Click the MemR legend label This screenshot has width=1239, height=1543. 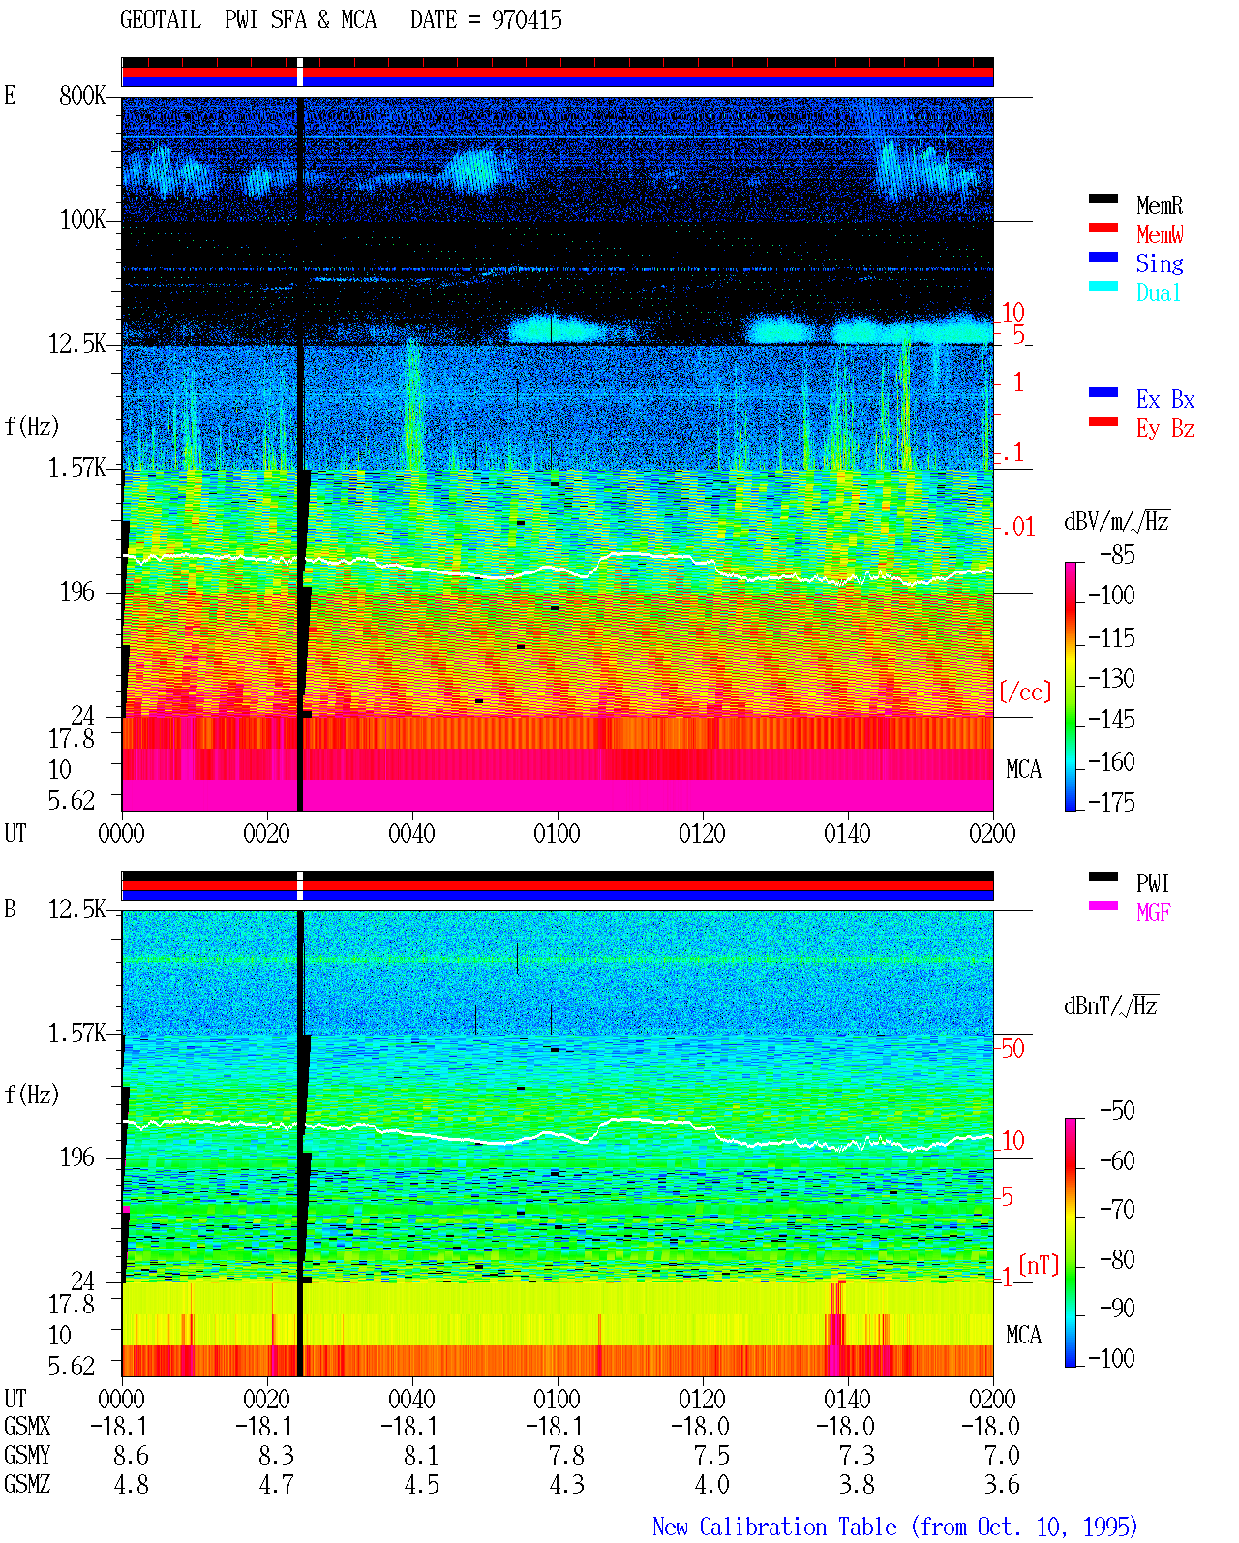1159,205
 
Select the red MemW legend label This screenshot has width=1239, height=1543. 1159,234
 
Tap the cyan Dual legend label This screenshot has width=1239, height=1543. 1158,293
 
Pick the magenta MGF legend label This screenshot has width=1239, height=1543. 1153,912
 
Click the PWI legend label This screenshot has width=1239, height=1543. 1152,882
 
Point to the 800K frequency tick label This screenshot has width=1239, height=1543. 82,95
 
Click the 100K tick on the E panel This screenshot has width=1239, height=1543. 82,220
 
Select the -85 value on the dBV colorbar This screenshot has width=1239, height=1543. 1117,554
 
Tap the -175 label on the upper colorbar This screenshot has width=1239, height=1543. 1111,802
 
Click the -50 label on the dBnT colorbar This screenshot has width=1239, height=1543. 1117,1111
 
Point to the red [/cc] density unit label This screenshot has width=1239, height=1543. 1025,692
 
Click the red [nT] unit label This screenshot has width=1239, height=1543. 1039,1265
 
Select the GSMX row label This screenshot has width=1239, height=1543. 27,1426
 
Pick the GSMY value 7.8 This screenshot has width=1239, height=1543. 567,1456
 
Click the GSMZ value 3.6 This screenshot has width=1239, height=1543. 1002,1484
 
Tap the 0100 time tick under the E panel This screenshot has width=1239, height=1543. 557,834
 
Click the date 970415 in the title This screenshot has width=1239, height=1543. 527,20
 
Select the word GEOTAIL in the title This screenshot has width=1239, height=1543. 161,20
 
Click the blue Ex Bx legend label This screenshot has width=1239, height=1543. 1165,399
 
